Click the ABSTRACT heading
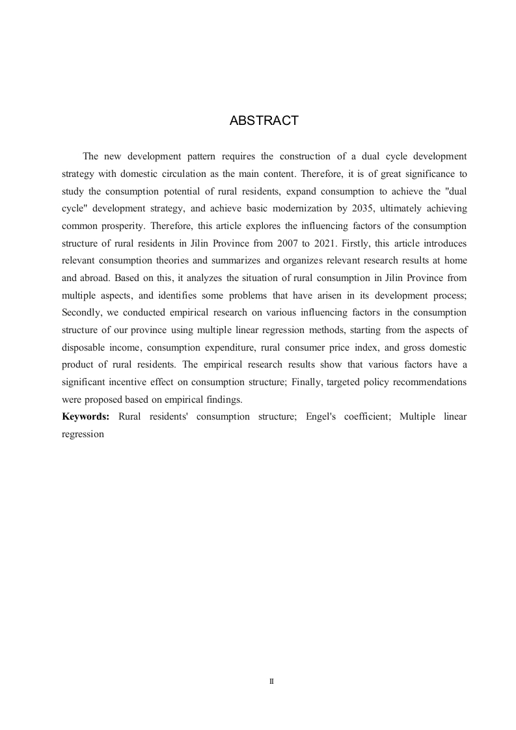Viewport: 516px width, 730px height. click(264, 121)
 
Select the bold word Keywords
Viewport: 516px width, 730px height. click(85, 416)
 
